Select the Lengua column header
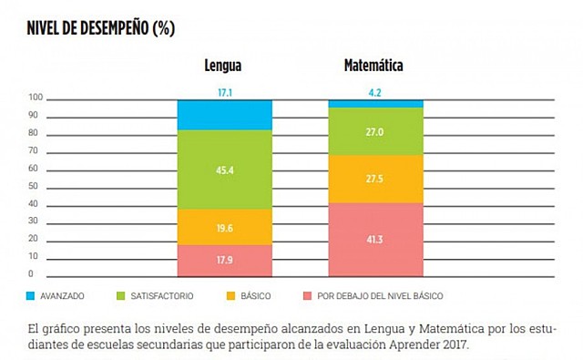[224, 67]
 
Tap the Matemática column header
[373, 67]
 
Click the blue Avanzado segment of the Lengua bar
[224, 115]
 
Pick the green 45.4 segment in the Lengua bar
[224, 170]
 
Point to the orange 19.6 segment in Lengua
[224, 228]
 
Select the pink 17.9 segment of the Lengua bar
[224, 260]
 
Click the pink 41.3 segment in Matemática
[375, 239]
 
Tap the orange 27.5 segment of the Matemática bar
[375, 179]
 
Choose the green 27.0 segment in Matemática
[375, 131]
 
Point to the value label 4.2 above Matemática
[375, 93]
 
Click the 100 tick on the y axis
[36, 98]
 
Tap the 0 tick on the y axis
[31, 274]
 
